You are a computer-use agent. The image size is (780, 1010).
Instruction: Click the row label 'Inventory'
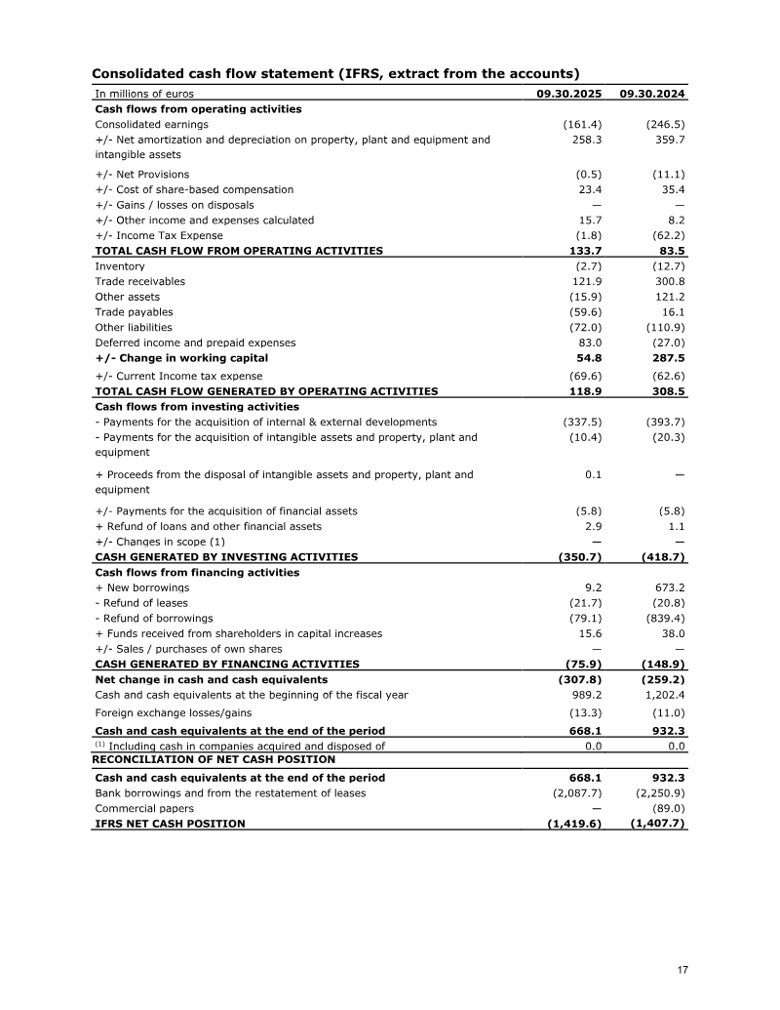(120, 266)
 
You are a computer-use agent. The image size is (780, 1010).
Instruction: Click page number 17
(682, 970)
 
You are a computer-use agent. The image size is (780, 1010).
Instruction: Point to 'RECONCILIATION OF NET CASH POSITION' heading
(214, 759)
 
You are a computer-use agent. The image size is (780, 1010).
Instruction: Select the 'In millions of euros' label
(144, 94)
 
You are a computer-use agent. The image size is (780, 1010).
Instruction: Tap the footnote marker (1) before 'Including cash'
(100, 745)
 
